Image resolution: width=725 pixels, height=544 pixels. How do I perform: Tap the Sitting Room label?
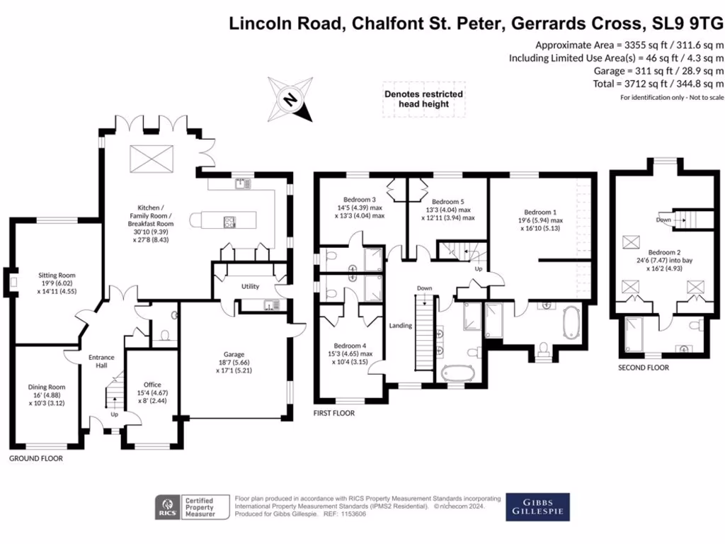57,276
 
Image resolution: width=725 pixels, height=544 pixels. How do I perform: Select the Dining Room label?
47,387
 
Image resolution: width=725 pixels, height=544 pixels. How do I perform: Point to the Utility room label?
250,287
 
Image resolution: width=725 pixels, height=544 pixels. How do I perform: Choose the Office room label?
152,385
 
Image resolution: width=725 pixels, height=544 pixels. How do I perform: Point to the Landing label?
400,325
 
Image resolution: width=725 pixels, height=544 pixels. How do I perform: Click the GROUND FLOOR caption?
36,458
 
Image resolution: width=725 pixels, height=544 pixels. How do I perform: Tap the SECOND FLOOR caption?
643,368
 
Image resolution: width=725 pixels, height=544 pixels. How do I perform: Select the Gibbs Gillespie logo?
537,507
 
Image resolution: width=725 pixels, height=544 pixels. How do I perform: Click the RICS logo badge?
167,508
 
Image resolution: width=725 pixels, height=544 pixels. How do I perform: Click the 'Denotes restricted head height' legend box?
423,99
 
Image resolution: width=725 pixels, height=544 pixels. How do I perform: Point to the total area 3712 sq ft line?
659,84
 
